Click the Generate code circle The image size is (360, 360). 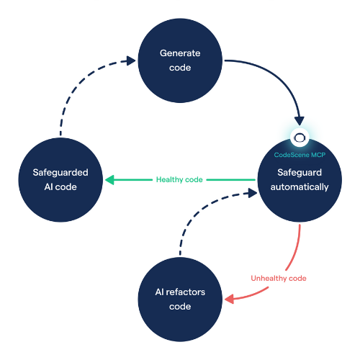(x=180, y=60)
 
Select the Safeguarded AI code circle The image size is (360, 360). (x=60, y=179)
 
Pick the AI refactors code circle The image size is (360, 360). (x=180, y=300)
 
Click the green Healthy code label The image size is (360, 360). (x=179, y=179)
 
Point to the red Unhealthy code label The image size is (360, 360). (x=279, y=278)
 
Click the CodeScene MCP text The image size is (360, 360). (x=299, y=155)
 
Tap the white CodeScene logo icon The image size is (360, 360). (x=300, y=137)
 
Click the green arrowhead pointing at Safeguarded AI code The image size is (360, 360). (x=109, y=179)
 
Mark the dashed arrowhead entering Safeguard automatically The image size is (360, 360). (x=252, y=192)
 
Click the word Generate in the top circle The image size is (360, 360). (x=180, y=53)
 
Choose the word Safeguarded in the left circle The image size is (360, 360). (x=60, y=172)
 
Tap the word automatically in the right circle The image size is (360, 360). (x=299, y=187)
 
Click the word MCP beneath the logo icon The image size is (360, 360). (x=316, y=155)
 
